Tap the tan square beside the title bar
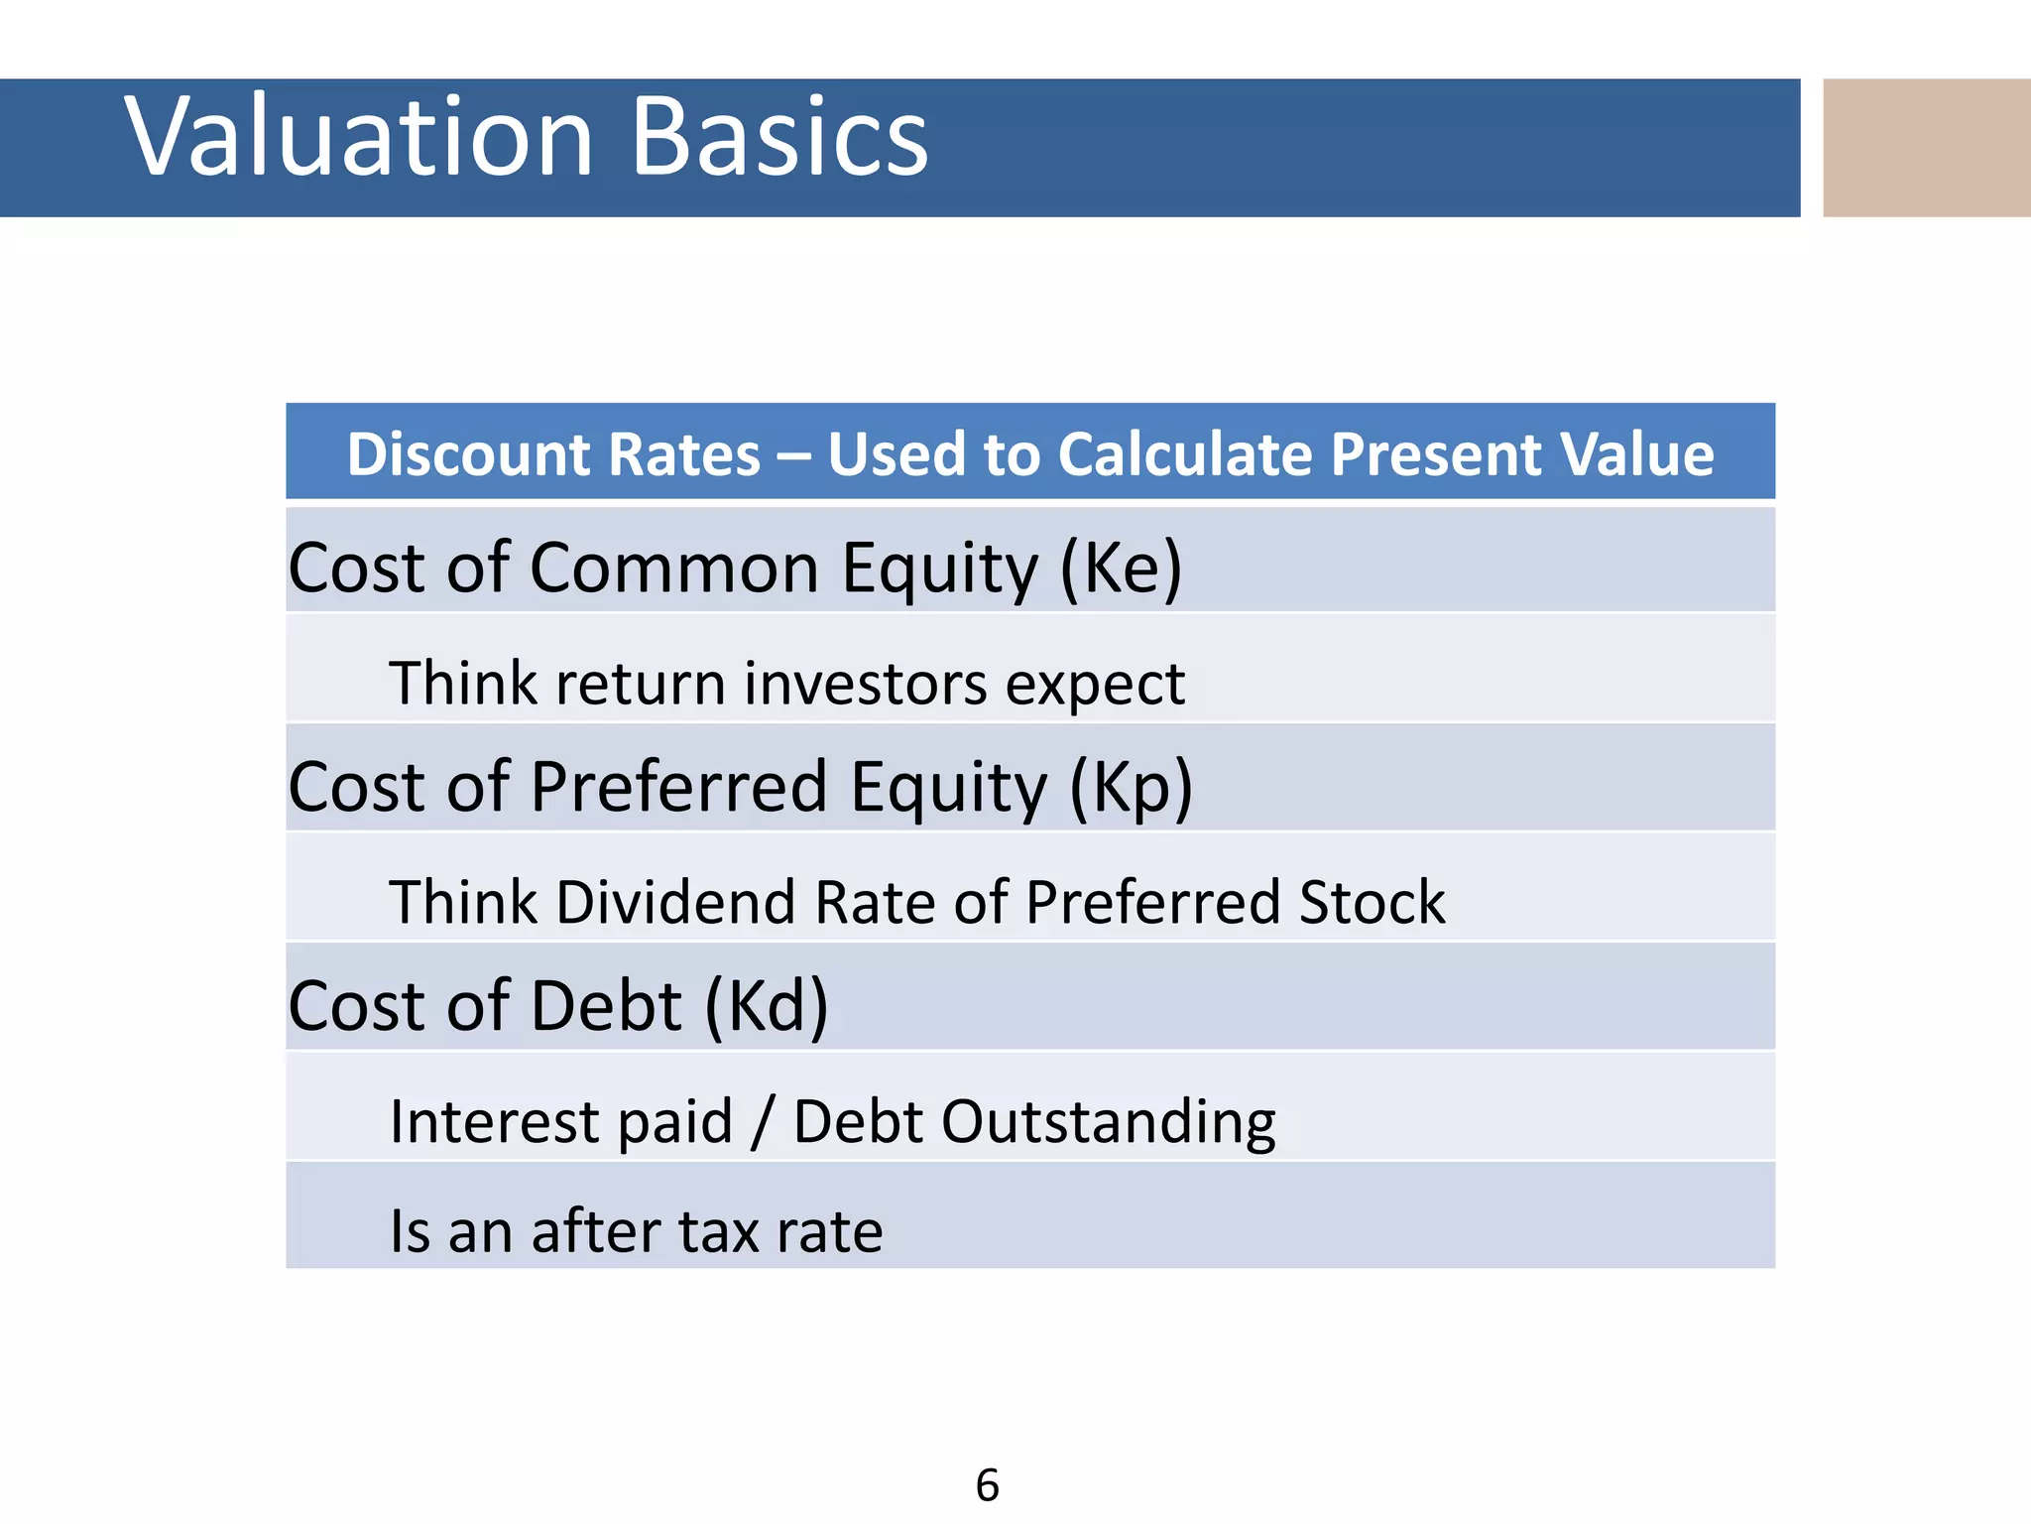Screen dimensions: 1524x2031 click(1926, 147)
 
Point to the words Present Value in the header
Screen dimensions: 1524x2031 click(1521, 454)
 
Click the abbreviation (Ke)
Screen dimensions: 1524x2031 click(1121, 568)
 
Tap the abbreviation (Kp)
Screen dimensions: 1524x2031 click(1131, 787)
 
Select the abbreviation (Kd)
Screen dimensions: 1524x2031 click(766, 1006)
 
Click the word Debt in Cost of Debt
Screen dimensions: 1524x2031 click(607, 1006)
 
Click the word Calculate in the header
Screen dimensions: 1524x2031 click(1185, 454)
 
